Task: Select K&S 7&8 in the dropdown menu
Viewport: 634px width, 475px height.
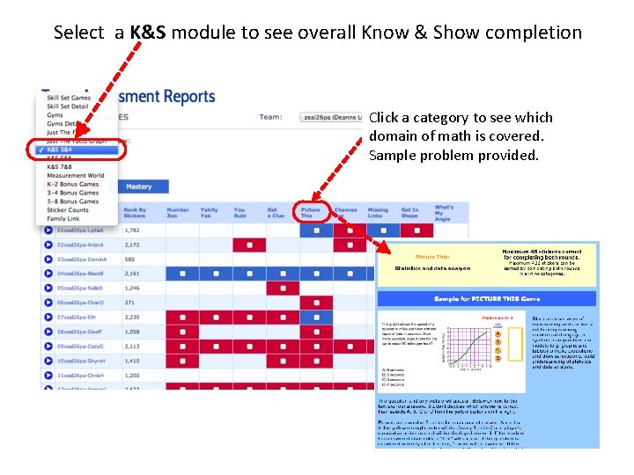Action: [x=60, y=167]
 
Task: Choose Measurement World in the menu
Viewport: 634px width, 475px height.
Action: [x=76, y=176]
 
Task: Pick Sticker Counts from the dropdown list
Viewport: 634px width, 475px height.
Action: [x=68, y=210]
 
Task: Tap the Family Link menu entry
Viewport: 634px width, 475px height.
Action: [x=63, y=218]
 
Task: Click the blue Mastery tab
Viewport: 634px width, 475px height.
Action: [x=138, y=186]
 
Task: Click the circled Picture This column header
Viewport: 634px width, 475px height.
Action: [x=311, y=213]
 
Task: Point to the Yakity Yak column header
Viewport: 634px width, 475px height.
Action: [x=210, y=213]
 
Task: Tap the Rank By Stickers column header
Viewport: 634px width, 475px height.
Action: [x=135, y=213]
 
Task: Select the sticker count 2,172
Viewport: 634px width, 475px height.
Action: [x=133, y=245]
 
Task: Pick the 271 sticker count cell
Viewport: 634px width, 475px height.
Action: [x=130, y=303]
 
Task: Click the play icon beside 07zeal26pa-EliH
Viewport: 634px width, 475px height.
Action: [x=48, y=317]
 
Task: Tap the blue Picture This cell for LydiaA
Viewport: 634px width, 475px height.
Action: [x=316, y=230]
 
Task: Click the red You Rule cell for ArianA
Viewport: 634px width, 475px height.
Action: [x=250, y=245]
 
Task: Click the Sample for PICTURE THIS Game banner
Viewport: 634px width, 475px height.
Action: [x=483, y=299]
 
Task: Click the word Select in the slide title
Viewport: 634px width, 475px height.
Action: [x=79, y=33]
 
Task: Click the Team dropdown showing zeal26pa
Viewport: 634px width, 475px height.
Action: [x=331, y=117]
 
